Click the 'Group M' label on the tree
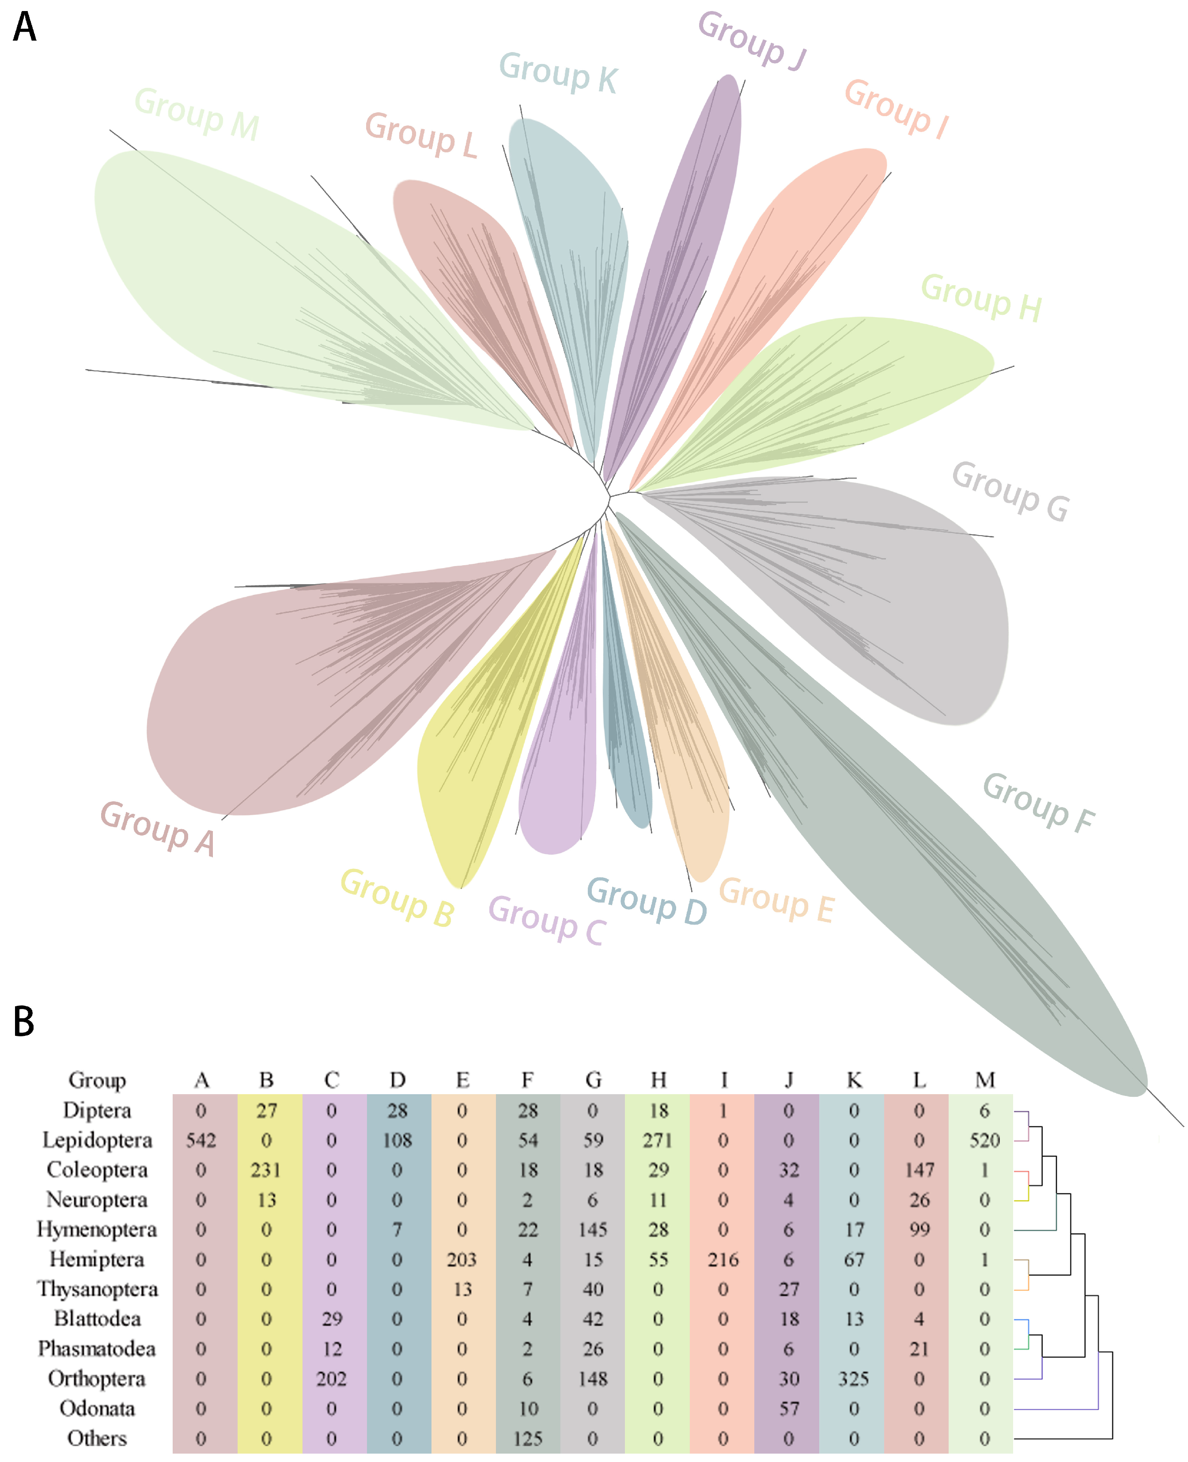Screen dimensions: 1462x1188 click(197, 113)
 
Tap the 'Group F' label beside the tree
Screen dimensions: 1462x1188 click(1038, 802)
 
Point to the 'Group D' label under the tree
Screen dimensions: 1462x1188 click(647, 900)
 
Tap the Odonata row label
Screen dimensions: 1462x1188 click(97, 1409)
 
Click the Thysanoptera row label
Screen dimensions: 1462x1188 click(97, 1289)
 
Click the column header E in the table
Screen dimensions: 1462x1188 click(462, 1080)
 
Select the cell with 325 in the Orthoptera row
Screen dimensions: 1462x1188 click(853, 1379)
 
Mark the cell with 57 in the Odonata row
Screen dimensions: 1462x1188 click(788, 1409)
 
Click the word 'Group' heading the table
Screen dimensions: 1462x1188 click(97, 1080)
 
